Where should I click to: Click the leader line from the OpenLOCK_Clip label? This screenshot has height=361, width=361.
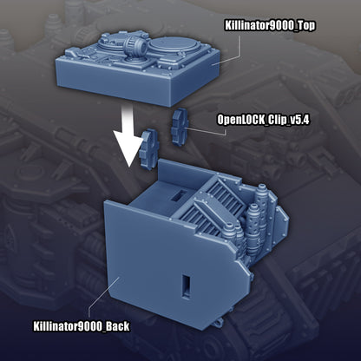coord(204,127)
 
